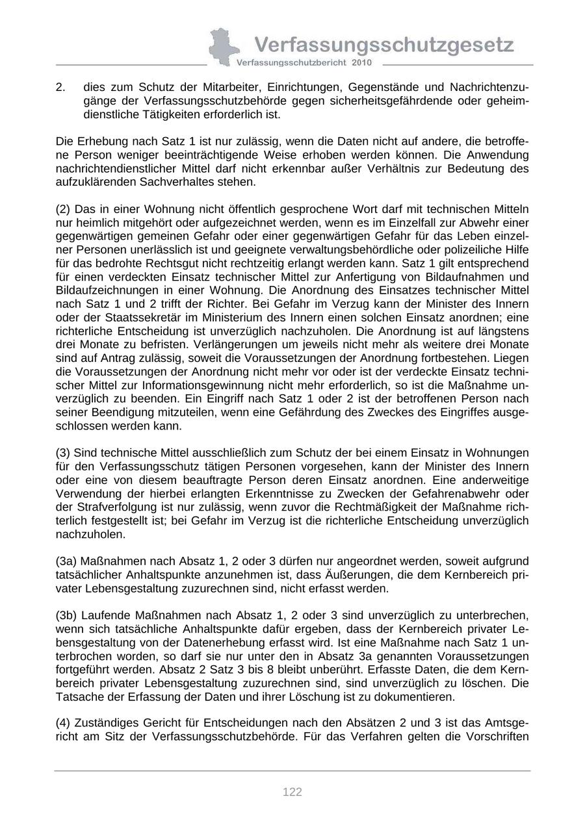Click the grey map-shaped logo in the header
[223, 47]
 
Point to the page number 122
[292, 791]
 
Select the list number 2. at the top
[60, 87]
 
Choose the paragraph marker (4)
[63, 723]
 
